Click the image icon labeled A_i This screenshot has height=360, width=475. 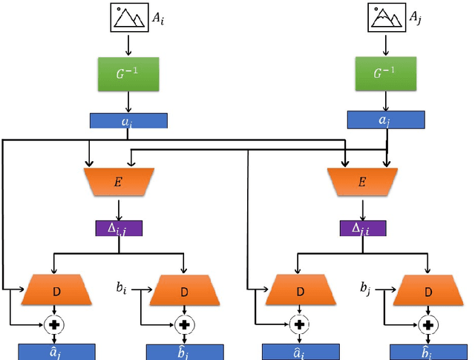coord(130,18)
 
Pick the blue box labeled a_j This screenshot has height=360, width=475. coord(386,120)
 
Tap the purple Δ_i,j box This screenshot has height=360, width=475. coord(119,228)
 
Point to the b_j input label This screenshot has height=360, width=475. coord(365,287)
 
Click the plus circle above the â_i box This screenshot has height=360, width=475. coord(300,324)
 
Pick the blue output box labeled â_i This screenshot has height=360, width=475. coord(300,351)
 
